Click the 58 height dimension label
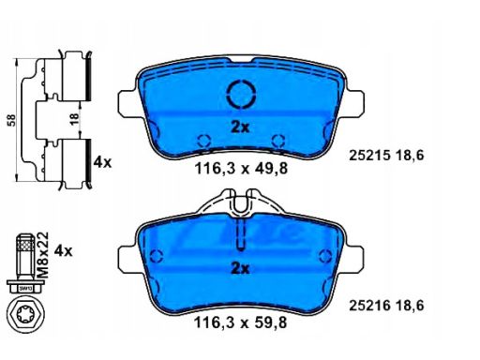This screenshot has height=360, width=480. (10, 119)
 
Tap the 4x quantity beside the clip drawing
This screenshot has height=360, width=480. (102, 161)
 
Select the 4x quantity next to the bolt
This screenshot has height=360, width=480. (64, 250)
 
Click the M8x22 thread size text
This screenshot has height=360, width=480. (44, 252)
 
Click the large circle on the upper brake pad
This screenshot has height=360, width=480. (240, 95)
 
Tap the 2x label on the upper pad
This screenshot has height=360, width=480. (240, 127)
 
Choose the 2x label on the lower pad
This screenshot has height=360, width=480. (240, 269)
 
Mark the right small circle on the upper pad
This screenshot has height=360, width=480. (277, 141)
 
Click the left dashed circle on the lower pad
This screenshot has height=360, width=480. (156, 257)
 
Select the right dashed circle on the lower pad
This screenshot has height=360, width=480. (323, 257)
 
